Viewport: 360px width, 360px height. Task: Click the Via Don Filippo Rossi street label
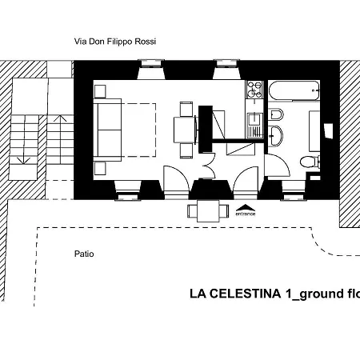click(x=114, y=42)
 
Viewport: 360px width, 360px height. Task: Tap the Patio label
click(x=84, y=254)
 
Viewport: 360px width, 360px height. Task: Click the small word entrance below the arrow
click(x=246, y=214)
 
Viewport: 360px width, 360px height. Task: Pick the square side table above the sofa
click(x=100, y=90)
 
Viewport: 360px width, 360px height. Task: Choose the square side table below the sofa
click(x=100, y=167)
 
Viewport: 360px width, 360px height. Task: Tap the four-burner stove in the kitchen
click(x=254, y=90)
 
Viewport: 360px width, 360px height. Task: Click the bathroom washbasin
click(x=328, y=130)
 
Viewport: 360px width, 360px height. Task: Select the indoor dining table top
click(x=186, y=128)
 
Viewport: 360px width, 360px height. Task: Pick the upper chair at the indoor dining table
click(x=186, y=111)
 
